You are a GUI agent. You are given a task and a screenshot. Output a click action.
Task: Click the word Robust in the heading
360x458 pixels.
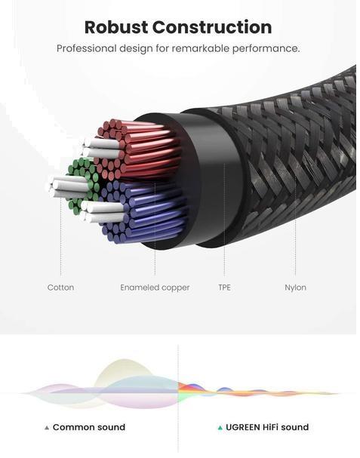(116, 27)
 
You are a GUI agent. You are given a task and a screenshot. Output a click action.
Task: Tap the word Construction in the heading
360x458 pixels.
(212, 27)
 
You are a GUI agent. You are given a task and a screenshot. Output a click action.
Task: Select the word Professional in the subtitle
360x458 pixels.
(87, 48)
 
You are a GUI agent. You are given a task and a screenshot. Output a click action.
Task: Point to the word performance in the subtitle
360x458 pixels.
(266, 49)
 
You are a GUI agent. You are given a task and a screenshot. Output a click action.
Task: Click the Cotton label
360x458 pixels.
(60, 287)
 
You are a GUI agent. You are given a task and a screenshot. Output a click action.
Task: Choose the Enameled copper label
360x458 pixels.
(155, 287)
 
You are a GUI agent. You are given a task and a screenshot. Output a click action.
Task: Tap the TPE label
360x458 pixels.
(224, 287)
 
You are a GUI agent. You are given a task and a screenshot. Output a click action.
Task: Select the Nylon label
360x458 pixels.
(295, 287)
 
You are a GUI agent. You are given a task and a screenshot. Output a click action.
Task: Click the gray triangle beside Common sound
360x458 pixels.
(47, 428)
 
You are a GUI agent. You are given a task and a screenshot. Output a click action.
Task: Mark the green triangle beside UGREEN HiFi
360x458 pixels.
(220, 428)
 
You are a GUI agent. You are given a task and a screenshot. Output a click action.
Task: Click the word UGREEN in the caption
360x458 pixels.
(243, 427)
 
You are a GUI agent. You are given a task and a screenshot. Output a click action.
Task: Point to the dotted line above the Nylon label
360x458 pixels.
(295, 225)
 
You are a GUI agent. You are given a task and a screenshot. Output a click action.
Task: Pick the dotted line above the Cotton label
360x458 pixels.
(61, 237)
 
